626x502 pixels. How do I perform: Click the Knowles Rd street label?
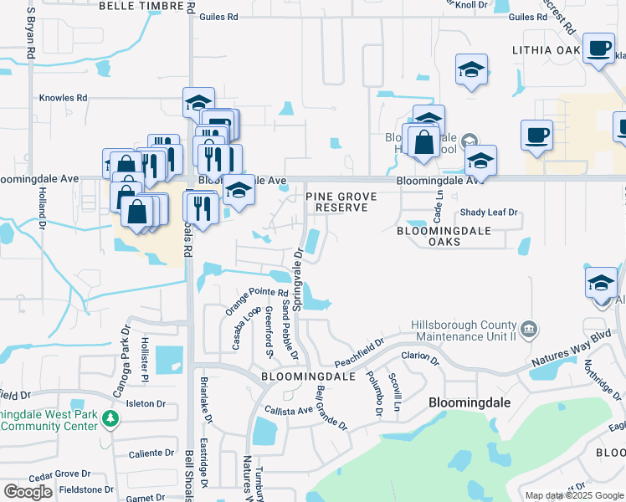64,98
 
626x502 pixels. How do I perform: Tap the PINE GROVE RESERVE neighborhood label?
341,202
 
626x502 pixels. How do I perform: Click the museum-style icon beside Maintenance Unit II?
528,328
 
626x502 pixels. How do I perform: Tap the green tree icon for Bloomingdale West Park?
109,417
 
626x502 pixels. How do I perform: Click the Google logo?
28,492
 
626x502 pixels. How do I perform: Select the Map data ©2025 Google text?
573,495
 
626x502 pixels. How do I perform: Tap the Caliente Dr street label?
151,453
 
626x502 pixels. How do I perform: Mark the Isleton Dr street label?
146,403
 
